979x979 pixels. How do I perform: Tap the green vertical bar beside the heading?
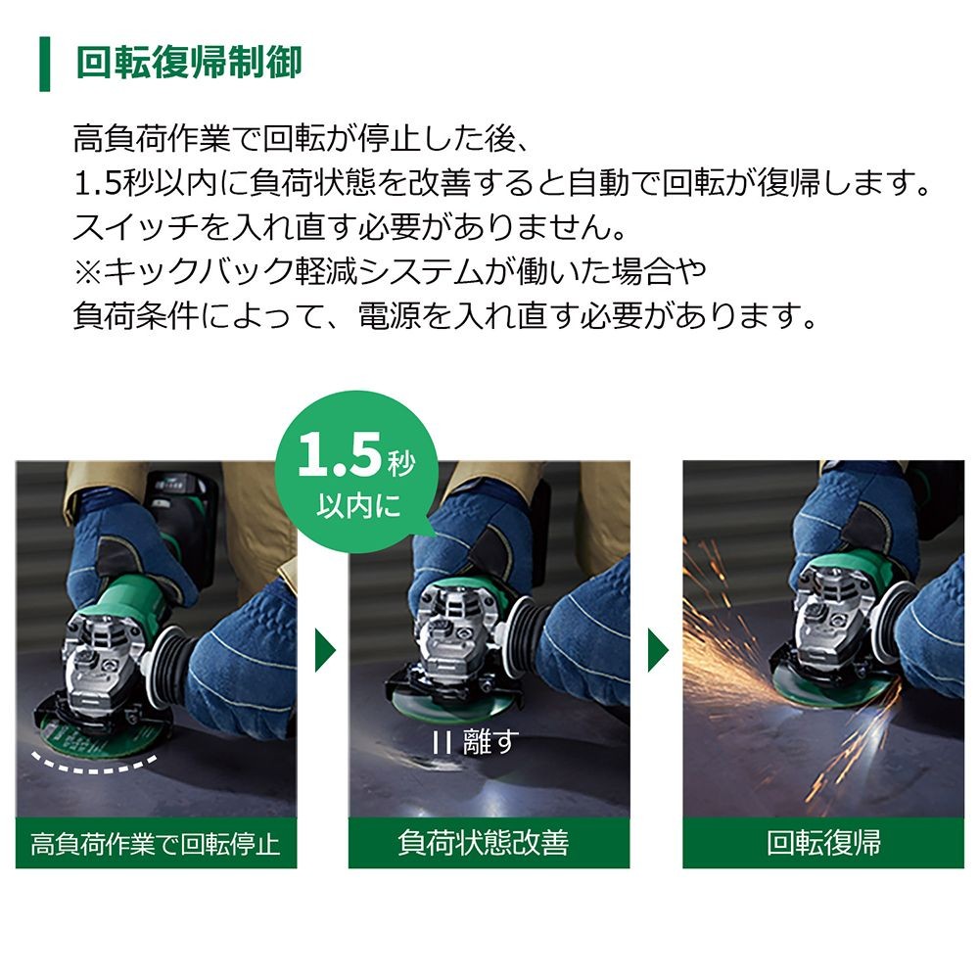point(44,64)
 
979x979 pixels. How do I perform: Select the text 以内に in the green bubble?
point(358,506)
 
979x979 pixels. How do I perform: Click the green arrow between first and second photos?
point(325,651)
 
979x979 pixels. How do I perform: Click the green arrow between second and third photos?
point(658,651)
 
